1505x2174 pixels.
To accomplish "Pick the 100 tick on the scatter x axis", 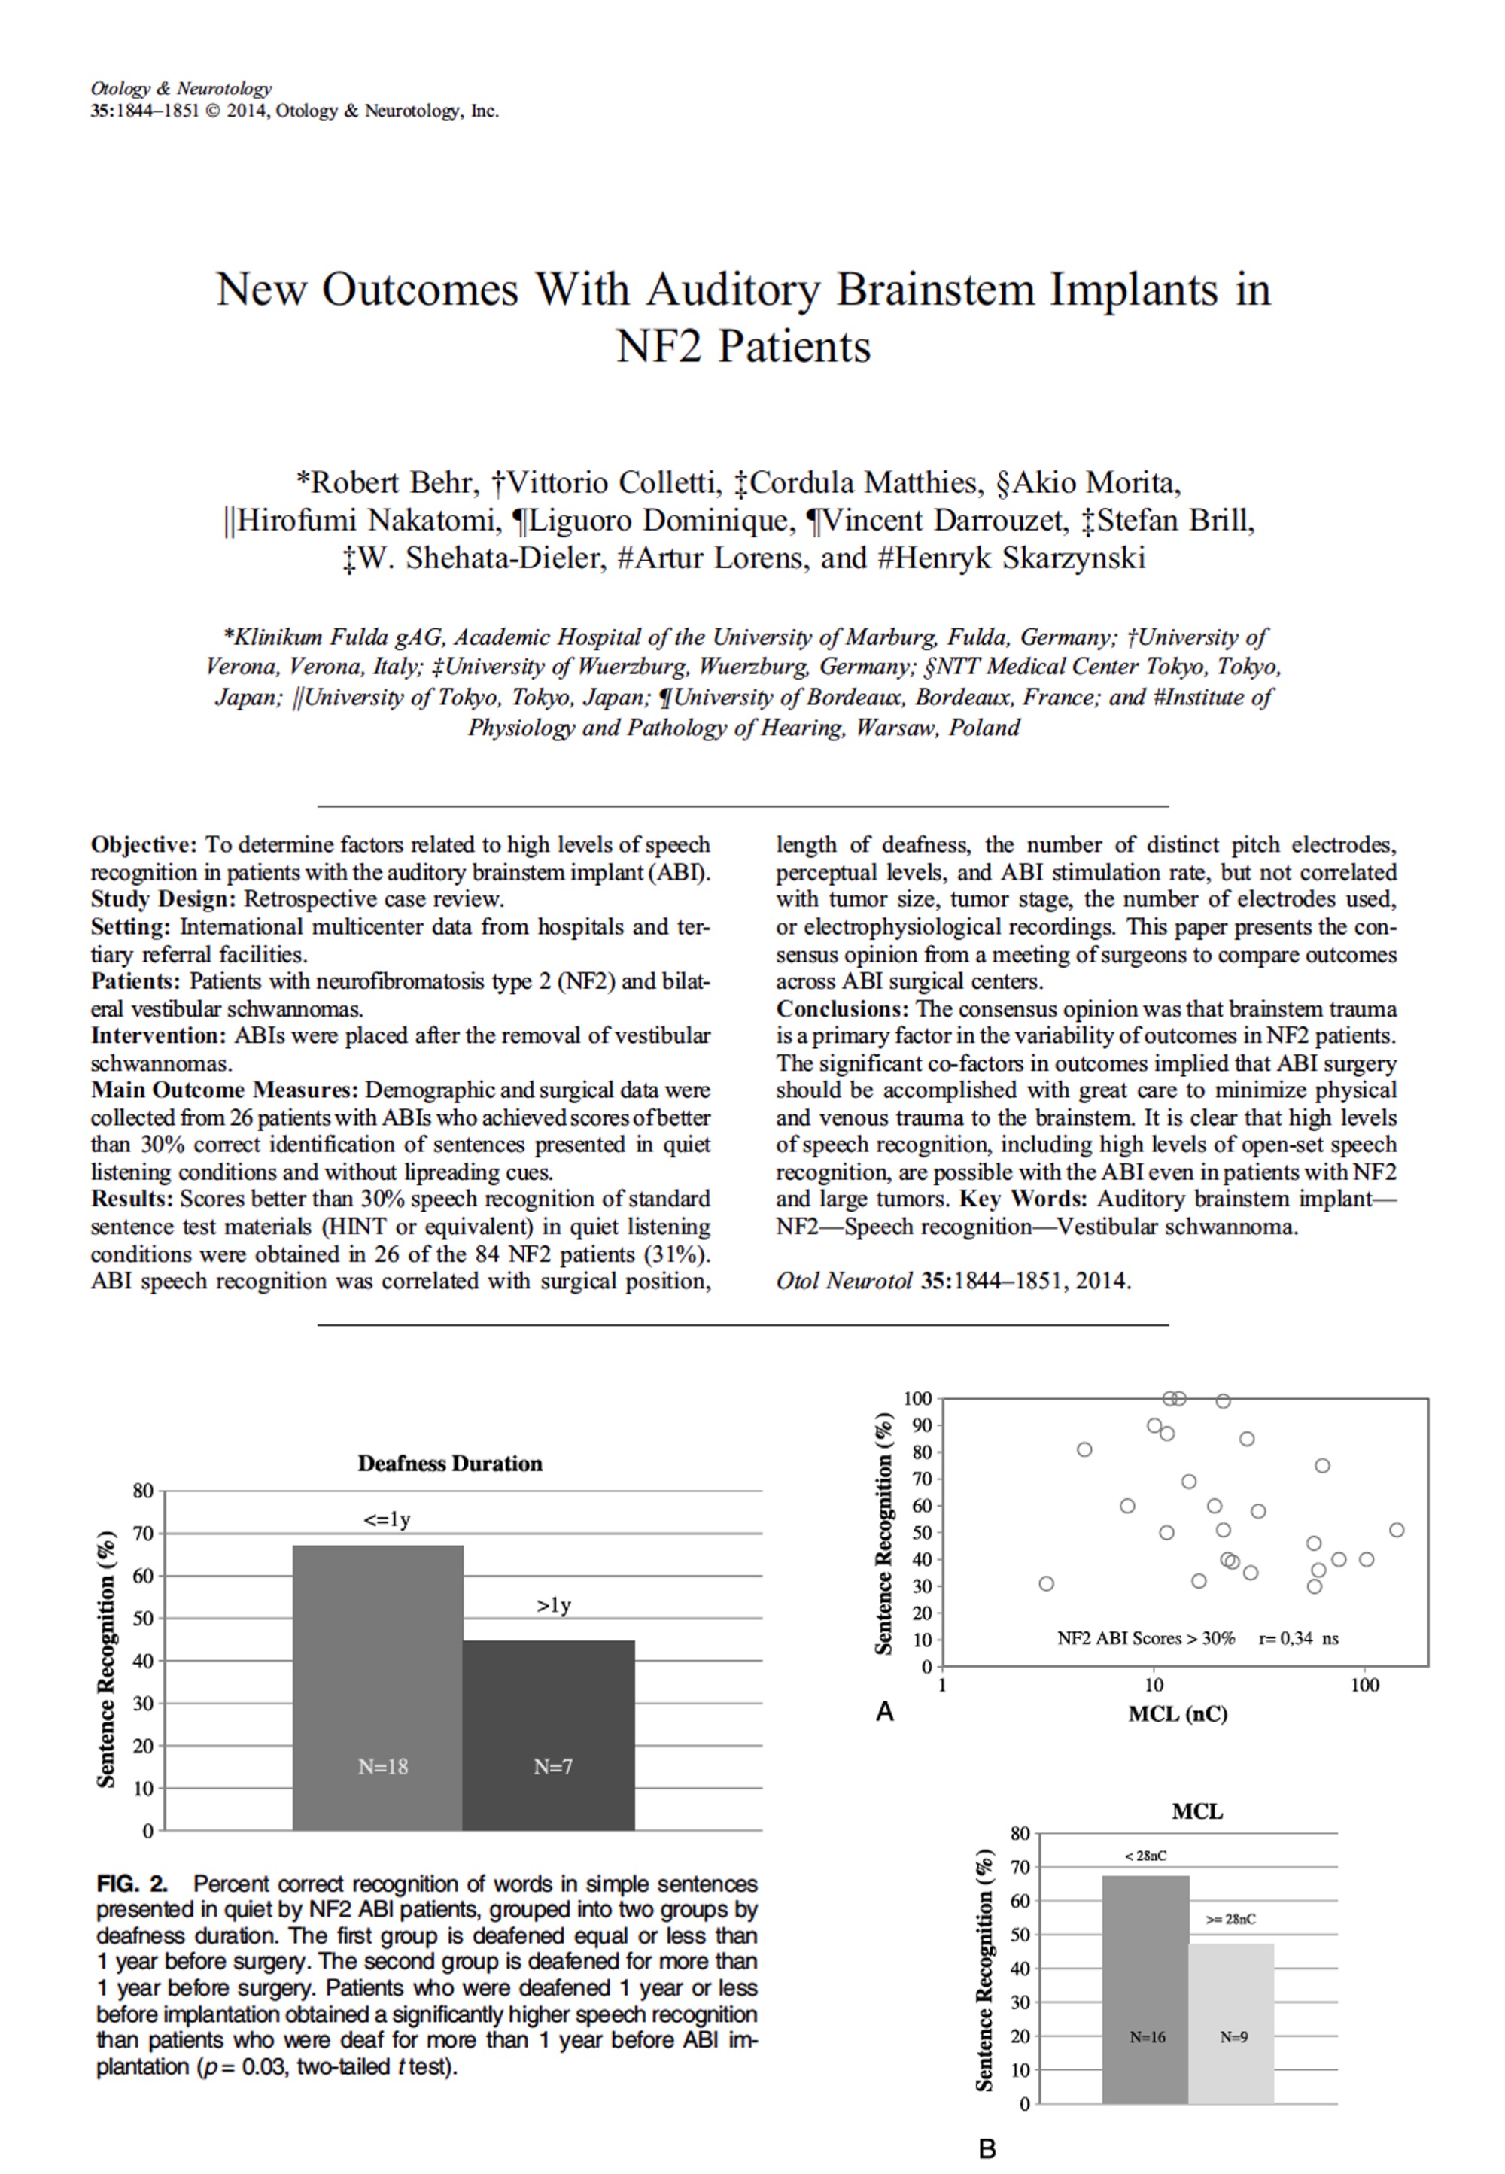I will [1364, 1685].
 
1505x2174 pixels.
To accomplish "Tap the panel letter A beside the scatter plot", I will [884, 1711].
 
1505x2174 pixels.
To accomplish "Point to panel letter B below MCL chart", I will [987, 2148].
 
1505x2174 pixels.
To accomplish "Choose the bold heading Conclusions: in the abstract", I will [842, 1009].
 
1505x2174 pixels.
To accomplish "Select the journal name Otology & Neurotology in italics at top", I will [181, 89].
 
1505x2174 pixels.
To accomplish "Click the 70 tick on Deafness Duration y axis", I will [142, 1534].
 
